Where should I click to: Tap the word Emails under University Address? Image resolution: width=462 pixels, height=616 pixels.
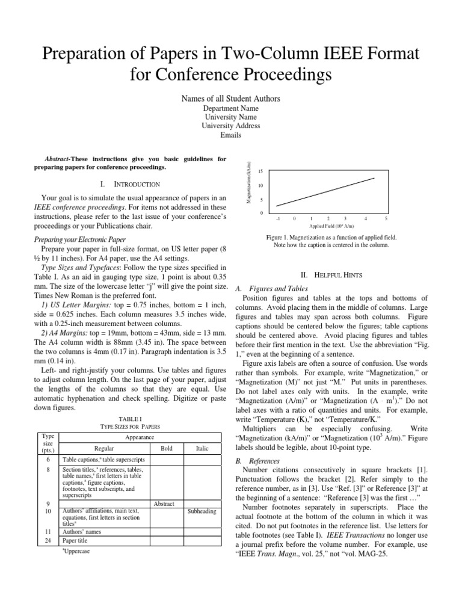click(231, 135)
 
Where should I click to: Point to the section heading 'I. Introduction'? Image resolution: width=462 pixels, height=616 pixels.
click(131, 184)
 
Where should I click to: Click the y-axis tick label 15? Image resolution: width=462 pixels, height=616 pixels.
click(260, 172)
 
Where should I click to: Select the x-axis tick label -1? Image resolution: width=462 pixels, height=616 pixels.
click(277, 219)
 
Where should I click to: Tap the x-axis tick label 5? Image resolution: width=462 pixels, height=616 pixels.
click(386, 219)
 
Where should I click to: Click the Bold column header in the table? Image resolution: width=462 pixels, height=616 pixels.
click(167, 448)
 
